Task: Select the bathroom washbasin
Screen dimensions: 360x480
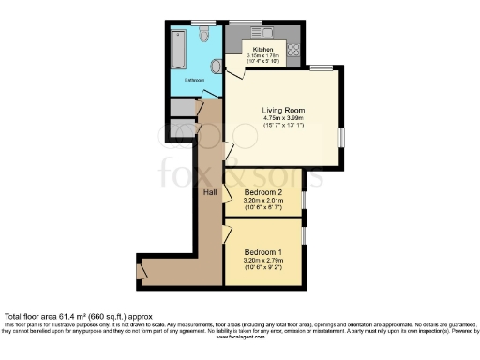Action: point(217,65)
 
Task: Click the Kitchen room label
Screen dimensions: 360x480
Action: point(263,48)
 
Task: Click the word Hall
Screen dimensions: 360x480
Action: point(211,192)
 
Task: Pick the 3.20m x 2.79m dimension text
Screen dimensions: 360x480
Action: point(263,262)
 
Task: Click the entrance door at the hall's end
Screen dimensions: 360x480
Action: point(141,271)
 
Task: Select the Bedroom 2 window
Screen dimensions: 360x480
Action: point(303,200)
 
